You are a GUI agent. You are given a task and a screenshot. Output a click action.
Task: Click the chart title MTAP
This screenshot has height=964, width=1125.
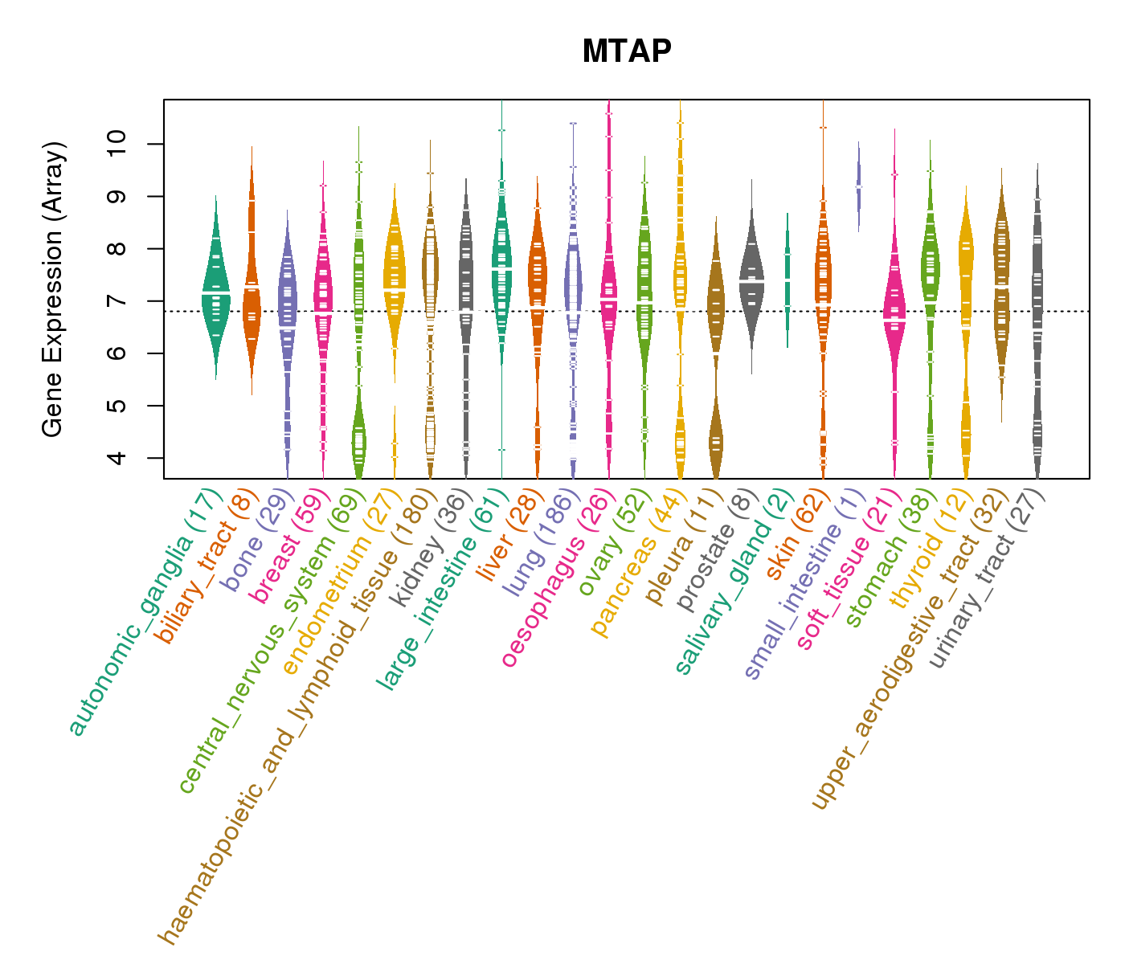pos(627,51)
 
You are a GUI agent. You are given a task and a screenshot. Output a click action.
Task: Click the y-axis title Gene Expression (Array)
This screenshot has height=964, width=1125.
pos(53,290)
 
